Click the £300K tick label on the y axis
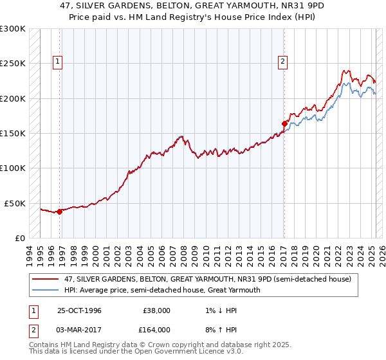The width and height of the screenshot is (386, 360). [12, 29]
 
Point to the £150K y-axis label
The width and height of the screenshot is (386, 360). [12, 133]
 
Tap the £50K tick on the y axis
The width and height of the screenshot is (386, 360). [15, 203]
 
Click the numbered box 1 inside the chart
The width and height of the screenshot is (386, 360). [57, 62]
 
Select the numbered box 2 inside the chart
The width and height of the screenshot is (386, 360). [282, 62]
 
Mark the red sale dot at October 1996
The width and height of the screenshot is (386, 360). [60, 211]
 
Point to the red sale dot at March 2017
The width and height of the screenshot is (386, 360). [284, 123]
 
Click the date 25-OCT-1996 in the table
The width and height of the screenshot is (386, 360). [79, 310]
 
